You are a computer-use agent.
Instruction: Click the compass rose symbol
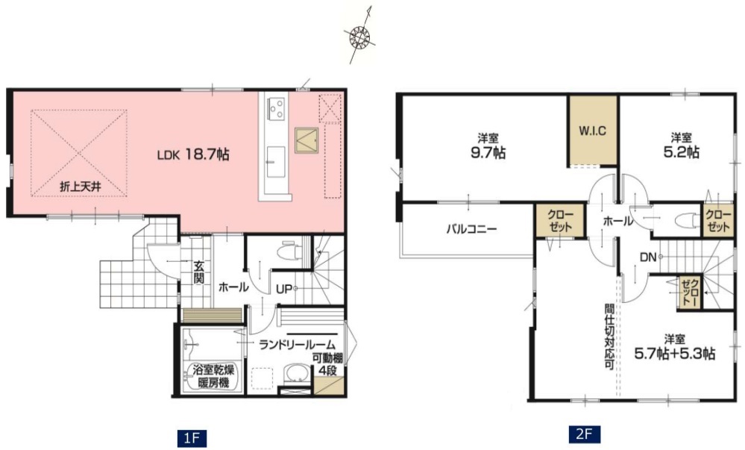click(359, 36)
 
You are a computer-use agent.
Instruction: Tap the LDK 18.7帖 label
click(193, 154)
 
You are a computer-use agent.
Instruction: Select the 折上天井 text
click(81, 187)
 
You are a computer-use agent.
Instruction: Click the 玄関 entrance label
click(198, 272)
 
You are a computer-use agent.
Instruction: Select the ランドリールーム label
click(297, 345)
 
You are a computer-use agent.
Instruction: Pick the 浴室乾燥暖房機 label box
click(213, 376)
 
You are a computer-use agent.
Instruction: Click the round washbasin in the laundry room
click(297, 372)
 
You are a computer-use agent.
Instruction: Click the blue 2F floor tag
click(584, 434)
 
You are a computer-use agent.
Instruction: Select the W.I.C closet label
click(592, 131)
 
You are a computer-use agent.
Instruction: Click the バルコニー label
click(471, 229)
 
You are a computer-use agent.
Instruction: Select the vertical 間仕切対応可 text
click(609, 337)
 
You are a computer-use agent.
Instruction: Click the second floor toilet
click(684, 220)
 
